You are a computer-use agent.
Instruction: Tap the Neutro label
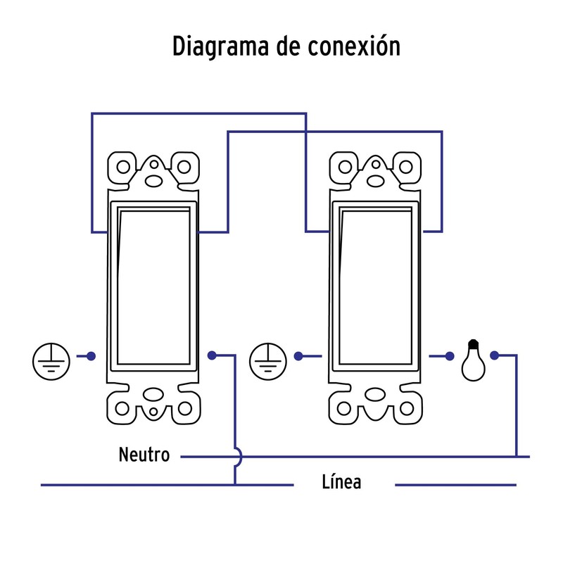[144, 455]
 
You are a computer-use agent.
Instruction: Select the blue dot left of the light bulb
[450, 355]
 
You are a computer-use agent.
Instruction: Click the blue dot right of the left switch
[212, 355]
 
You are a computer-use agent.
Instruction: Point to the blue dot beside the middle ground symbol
[299, 355]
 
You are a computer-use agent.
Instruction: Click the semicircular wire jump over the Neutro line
[237, 457]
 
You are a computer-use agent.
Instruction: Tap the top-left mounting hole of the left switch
[123, 167]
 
